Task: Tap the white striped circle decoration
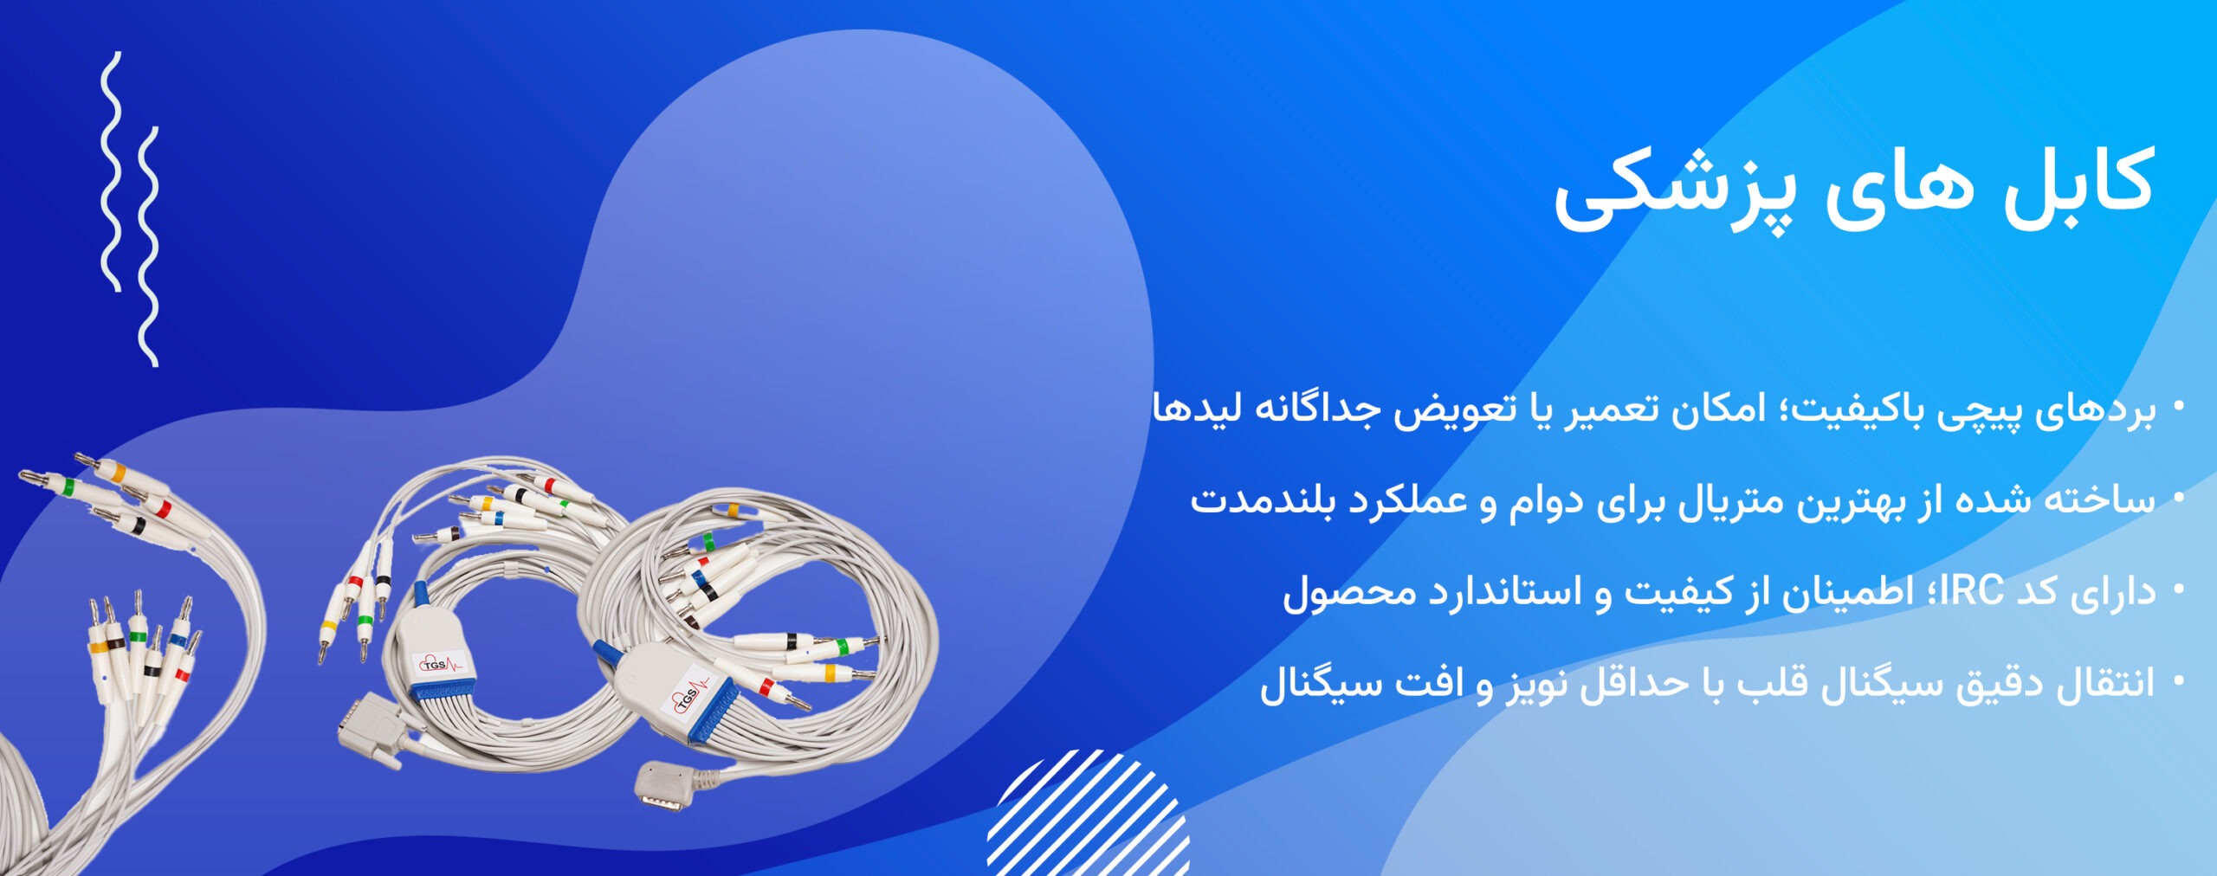click(1089, 814)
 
